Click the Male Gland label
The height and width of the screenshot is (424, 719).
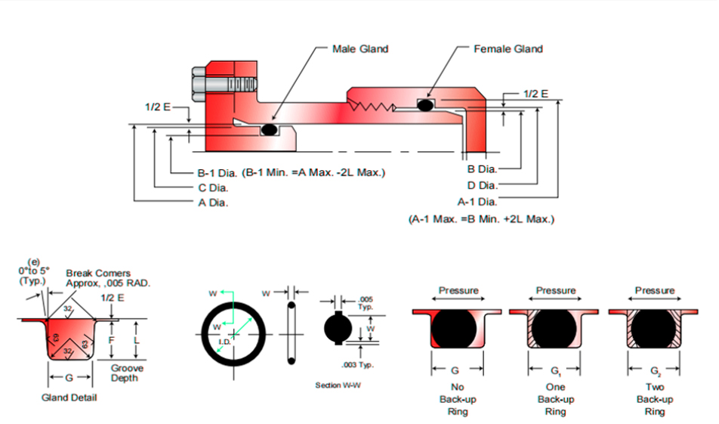(360, 49)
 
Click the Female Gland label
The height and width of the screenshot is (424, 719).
(508, 49)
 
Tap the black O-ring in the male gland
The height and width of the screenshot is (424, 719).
(268, 130)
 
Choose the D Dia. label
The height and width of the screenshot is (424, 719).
(482, 185)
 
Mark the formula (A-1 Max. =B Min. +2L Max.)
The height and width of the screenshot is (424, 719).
(481, 219)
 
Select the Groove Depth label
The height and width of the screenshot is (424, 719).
(127, 373)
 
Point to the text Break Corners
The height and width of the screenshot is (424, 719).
(98, 274)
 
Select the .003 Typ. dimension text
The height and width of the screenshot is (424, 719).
(368, 365)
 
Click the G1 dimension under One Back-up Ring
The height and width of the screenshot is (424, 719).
(556, 371)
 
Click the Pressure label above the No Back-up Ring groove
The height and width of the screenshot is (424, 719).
(458, 291)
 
